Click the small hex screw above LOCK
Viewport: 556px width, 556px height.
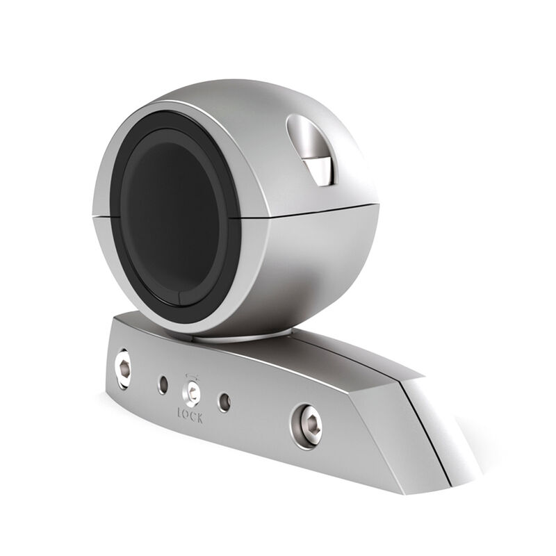[x=190, y=394]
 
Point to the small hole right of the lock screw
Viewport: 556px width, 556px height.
[x=224, y=402]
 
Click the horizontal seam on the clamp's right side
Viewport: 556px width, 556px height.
[x=306, y=208]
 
